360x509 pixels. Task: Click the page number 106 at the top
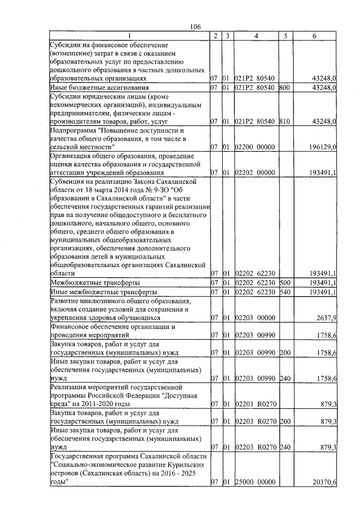[196, 26]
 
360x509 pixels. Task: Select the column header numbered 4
[256, 36]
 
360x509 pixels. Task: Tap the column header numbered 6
[314, 36]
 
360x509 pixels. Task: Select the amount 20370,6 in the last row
[323, 482]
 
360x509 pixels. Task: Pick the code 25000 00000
[255, 482]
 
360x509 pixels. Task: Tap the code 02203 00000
[255, 318]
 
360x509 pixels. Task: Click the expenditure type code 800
[285, 88]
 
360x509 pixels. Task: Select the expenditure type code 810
[285, 121]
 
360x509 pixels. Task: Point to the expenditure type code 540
[285, 292]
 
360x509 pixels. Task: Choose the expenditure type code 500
[285, 282]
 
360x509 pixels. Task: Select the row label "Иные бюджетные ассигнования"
[100, 88]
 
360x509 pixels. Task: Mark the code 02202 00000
[255, 172]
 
